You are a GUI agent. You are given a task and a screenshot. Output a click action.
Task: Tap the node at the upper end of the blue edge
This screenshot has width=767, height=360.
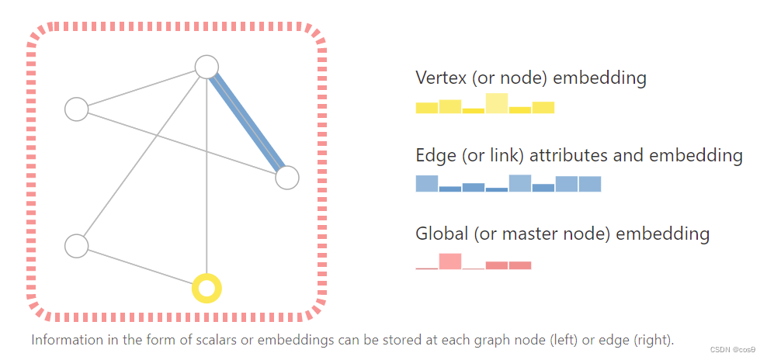[x=206, y=67]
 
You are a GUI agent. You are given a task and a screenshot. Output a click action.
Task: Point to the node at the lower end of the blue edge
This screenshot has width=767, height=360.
[x=286, y=178]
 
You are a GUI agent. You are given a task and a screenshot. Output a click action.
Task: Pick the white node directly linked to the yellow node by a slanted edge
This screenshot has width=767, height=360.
[x=76, y=246]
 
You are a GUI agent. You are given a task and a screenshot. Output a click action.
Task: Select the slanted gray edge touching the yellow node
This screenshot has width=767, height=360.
[x=140, y=266]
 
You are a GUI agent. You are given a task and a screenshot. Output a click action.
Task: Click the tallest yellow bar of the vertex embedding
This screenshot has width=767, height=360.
[x=497, y=103]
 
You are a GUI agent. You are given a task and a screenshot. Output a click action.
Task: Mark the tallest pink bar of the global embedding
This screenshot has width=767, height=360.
[x=450, y=261]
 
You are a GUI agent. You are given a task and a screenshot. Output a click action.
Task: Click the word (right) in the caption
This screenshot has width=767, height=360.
[x=654, y=340]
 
